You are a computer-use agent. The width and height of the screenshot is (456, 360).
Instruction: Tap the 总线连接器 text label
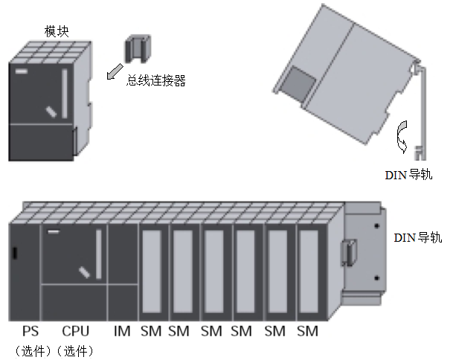pos(155,80)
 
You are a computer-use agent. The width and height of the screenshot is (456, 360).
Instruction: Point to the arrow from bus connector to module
pos(114,71)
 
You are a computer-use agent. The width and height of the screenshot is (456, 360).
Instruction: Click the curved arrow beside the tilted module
pos(402,135)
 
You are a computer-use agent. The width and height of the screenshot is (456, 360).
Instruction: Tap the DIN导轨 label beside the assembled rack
pos(417,238)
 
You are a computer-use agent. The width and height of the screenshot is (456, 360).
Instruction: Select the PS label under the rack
pos(30,331)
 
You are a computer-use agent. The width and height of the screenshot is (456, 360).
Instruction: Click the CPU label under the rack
pos(76,331)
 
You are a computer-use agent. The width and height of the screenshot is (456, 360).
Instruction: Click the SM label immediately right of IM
pos(150,331)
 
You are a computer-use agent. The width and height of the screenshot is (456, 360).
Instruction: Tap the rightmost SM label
pos(307,331)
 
